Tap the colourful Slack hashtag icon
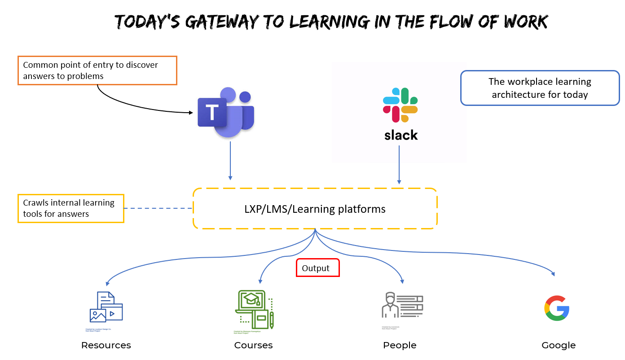click(x=401, y=105)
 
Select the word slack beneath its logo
click(x=401, y=135)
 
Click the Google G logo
click(x=557, y=308)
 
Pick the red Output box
click(x=317, y=268)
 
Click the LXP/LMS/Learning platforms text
click(x=315, y=209)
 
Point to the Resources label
click(x=106, y=345)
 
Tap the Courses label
click(x=253, y=345)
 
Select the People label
click(x=400, y=345)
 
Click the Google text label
click(x=559, y=345)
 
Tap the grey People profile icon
click(x=402, y=305)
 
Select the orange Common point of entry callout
click(x=97, y=70)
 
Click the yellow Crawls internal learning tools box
click(x=70, y=208)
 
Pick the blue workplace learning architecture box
click(x=540, y=88)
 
